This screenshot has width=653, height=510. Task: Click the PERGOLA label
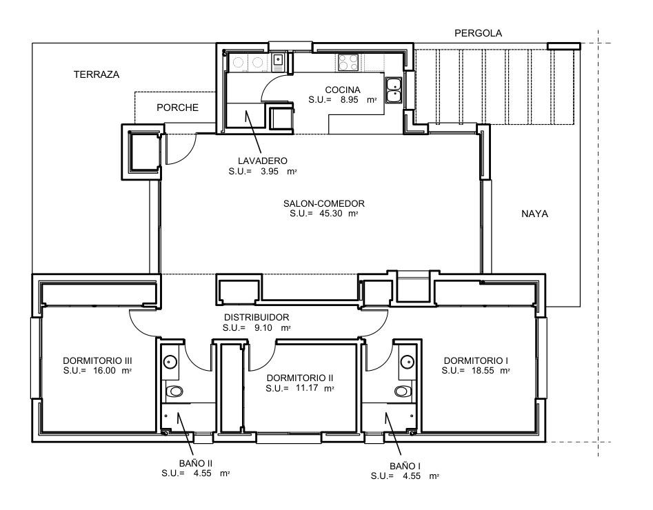479,33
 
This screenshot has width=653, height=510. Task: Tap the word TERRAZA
97,74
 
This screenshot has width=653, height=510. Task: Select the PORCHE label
177,108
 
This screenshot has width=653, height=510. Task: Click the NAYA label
534,214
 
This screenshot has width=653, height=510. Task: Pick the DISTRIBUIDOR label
255,318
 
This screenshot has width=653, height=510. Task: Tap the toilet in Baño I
403,391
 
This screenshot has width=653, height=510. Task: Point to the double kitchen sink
394,90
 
